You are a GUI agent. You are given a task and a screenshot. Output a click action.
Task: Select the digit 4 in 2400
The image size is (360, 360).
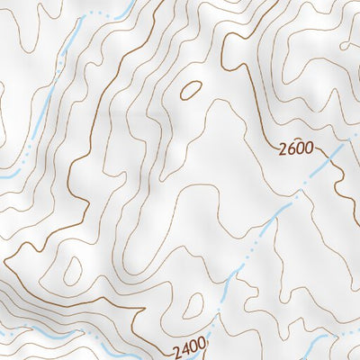tap(182, 346)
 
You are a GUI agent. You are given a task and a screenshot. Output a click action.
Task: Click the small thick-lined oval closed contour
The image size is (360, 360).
tap(191, 89)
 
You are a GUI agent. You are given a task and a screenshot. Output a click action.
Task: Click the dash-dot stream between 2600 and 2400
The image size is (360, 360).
tap(261, 234)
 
